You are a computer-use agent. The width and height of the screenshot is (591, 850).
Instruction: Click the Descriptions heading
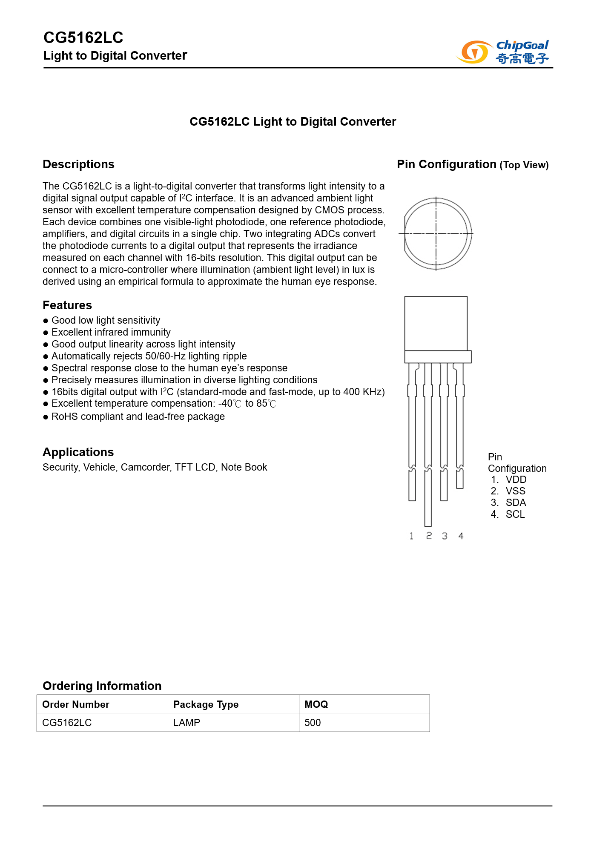pos(79,164)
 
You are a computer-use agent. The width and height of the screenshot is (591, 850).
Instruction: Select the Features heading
pos(67,305)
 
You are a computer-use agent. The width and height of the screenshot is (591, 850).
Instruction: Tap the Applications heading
pos(78,452)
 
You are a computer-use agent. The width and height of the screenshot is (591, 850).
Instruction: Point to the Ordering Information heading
pos(102,686)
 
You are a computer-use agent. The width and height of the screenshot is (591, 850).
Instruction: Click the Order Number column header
pos(76,704)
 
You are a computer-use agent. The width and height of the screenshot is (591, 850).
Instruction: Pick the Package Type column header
pos(206,704)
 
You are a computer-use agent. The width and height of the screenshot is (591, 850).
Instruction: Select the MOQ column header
pos(316,704)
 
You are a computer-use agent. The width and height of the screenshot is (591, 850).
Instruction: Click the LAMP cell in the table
pos(186,723)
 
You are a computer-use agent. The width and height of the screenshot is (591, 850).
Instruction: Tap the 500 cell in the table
pos(313,723)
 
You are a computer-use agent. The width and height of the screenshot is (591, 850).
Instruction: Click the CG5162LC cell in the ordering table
pos(67,723)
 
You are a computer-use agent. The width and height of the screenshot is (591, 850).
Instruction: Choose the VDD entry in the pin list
pos(516,480)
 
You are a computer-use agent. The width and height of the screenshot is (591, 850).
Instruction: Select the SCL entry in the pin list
pos(515,514)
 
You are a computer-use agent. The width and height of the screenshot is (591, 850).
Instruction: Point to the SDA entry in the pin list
pos(516,503)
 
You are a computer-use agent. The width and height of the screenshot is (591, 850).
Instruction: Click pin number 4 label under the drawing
pos(461,536)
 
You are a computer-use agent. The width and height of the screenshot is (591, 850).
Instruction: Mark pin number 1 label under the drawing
pos(411,536)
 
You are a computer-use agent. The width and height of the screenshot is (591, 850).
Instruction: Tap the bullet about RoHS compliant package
pos(138,416)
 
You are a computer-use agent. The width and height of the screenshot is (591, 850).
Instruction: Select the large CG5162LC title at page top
pos(83,38)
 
